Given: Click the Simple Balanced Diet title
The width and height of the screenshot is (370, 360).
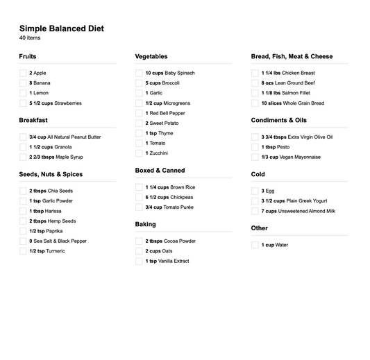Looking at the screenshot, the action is coord(62,28).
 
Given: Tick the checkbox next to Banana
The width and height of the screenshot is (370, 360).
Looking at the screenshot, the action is coord(23,83).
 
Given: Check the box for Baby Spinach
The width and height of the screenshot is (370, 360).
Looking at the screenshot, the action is coord(139,73).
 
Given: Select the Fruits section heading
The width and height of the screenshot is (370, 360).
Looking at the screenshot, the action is coord(28,56).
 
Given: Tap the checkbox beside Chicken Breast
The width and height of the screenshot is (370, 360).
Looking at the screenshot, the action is coord(255,73).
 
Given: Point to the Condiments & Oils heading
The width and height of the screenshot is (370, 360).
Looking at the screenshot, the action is coord(278,120).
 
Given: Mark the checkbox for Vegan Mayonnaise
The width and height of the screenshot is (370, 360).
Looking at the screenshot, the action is coord(255,157).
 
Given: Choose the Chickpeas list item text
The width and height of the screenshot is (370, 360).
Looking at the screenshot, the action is coord(179,197).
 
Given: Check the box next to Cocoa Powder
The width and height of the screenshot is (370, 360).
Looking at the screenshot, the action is coord(139,241).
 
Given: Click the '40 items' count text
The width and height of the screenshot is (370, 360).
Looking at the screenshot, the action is coord(30,38).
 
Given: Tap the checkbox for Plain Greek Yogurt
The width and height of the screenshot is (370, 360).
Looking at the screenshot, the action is coord(255,201).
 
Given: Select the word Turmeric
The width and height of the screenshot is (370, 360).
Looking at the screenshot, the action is coord(51,251).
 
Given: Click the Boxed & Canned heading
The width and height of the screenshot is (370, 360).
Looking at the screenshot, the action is coord(160,170).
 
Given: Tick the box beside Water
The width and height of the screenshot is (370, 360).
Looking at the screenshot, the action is coord(255,245).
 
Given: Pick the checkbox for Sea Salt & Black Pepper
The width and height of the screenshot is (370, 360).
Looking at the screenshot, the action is coord(23,241).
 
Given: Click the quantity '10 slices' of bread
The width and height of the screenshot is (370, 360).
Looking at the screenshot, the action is coord(271,103).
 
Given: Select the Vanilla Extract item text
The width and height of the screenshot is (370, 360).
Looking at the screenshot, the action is coord(171,262).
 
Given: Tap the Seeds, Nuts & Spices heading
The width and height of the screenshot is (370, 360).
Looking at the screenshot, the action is coord(51,174).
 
